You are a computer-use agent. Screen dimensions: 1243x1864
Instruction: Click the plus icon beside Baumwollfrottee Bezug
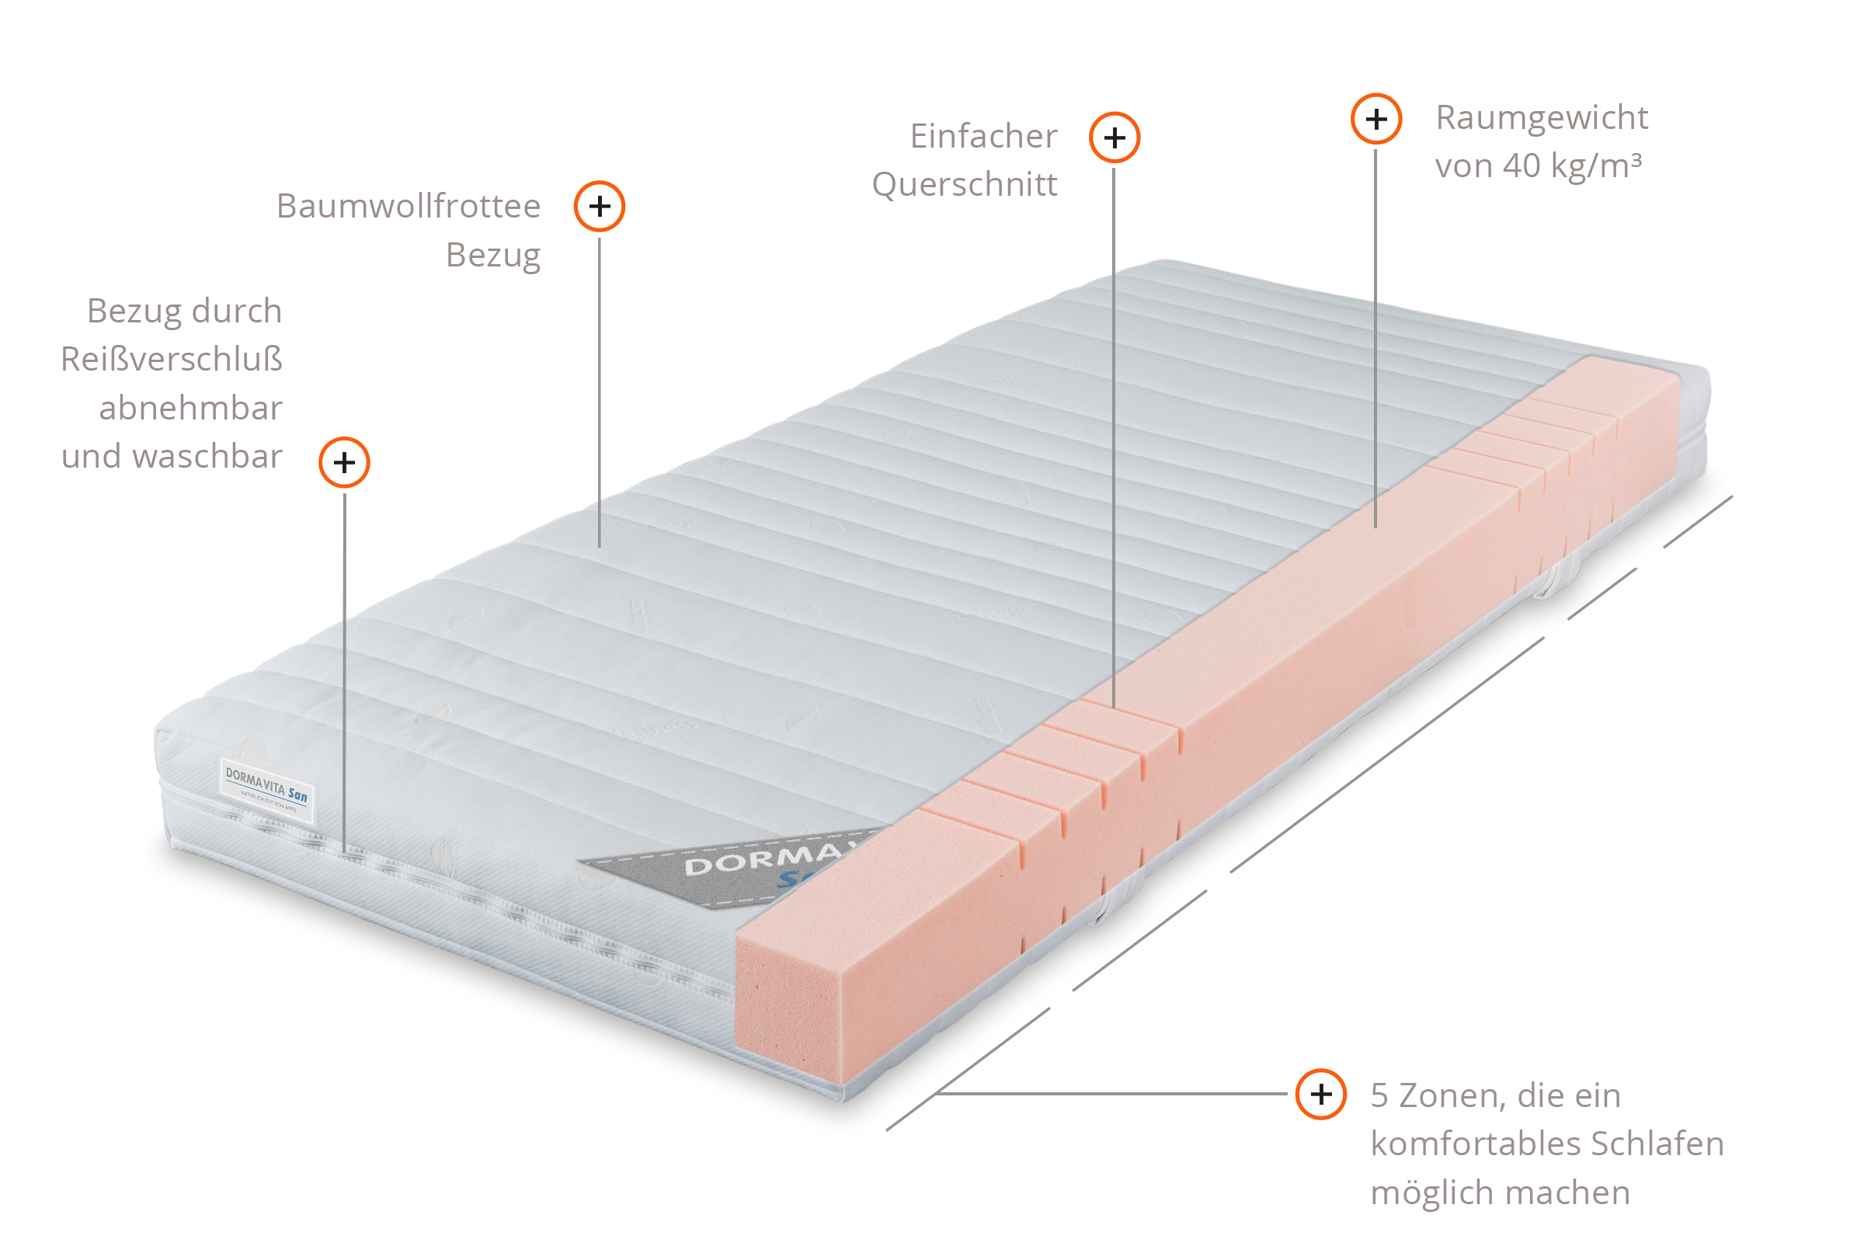tap(599, 206)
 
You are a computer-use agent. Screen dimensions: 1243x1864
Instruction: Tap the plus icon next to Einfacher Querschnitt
tap(1115, 138)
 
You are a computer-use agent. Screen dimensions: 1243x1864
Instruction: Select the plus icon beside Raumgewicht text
tap(1375, 119)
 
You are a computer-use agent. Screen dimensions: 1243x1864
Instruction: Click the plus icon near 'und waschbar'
tap(344, 462)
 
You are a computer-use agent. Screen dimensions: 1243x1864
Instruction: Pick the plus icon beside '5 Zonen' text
tap(1320, 1094)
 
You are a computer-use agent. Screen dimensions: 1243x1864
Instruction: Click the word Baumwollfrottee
tap(409, 206)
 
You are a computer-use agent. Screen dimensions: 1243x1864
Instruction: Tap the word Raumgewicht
tap(1542, 118)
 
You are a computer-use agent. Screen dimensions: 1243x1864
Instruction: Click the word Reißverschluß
tap(171, 359)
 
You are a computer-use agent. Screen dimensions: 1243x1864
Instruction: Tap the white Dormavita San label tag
tap(266, 789)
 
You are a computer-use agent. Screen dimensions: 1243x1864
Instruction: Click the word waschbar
tap(207, 457)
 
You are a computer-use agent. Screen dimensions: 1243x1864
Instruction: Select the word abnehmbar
tap(190, 409)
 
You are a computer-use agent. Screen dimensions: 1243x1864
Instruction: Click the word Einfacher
tap(982, 137)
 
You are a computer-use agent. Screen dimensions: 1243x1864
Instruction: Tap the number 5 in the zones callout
tap(1380, 1095)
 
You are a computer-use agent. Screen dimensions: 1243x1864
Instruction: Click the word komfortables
tap(1475, 1144)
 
